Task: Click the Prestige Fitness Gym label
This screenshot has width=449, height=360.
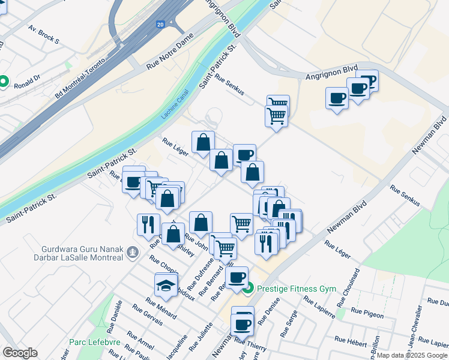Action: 297,289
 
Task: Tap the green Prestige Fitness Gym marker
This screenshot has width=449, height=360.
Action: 250,289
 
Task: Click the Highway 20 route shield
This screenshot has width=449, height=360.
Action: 160,25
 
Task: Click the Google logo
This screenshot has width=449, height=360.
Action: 20,353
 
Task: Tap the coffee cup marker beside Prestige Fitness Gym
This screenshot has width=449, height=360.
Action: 237,277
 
